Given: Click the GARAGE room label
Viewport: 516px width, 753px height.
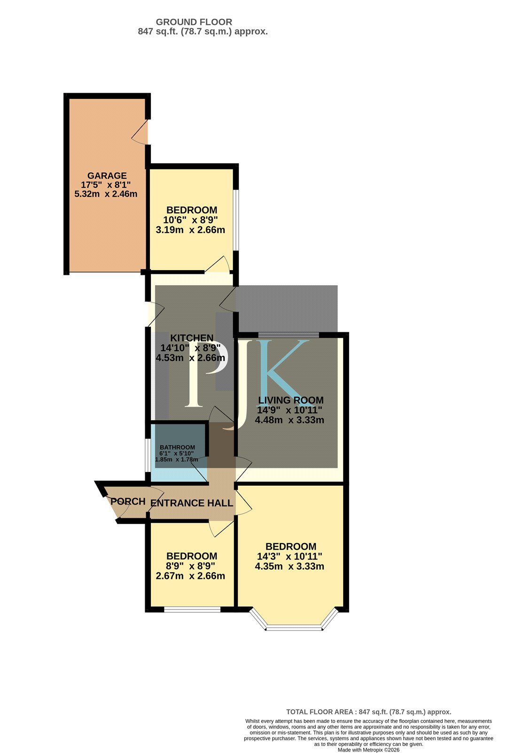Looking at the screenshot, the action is (107, 176).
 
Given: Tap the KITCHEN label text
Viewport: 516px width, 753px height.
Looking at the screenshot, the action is (192, 338).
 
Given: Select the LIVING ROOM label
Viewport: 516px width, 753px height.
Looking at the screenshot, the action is (291, 400).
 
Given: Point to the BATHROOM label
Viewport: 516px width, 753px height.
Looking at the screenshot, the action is (177, 447).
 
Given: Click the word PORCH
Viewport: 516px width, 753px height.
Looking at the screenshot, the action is (128, 502).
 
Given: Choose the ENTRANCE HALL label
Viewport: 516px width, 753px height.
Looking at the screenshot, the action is (191, 503).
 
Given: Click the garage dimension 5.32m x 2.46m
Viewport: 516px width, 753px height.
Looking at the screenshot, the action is (106, 194).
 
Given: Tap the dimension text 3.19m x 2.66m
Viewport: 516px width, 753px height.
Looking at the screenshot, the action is (190, 230).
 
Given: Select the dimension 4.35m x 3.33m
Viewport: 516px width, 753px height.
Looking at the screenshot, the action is (289, 567).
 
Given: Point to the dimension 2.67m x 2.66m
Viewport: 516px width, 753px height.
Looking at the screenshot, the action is (190, 576).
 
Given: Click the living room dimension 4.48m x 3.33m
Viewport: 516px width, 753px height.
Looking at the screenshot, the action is (289, 420).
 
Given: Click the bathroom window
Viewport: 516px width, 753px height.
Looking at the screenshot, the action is (148, 455).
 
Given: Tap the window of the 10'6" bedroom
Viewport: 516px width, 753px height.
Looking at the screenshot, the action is (236, 220).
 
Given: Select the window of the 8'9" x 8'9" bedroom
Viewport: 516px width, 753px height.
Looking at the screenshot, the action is (192, 609).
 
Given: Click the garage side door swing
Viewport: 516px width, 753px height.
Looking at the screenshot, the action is (139, 132).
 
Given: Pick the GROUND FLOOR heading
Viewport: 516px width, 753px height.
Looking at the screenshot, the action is (194, 22).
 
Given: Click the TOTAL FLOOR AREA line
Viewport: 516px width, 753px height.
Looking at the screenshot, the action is (368, 712).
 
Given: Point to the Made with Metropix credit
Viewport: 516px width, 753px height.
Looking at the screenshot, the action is (368, 750).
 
